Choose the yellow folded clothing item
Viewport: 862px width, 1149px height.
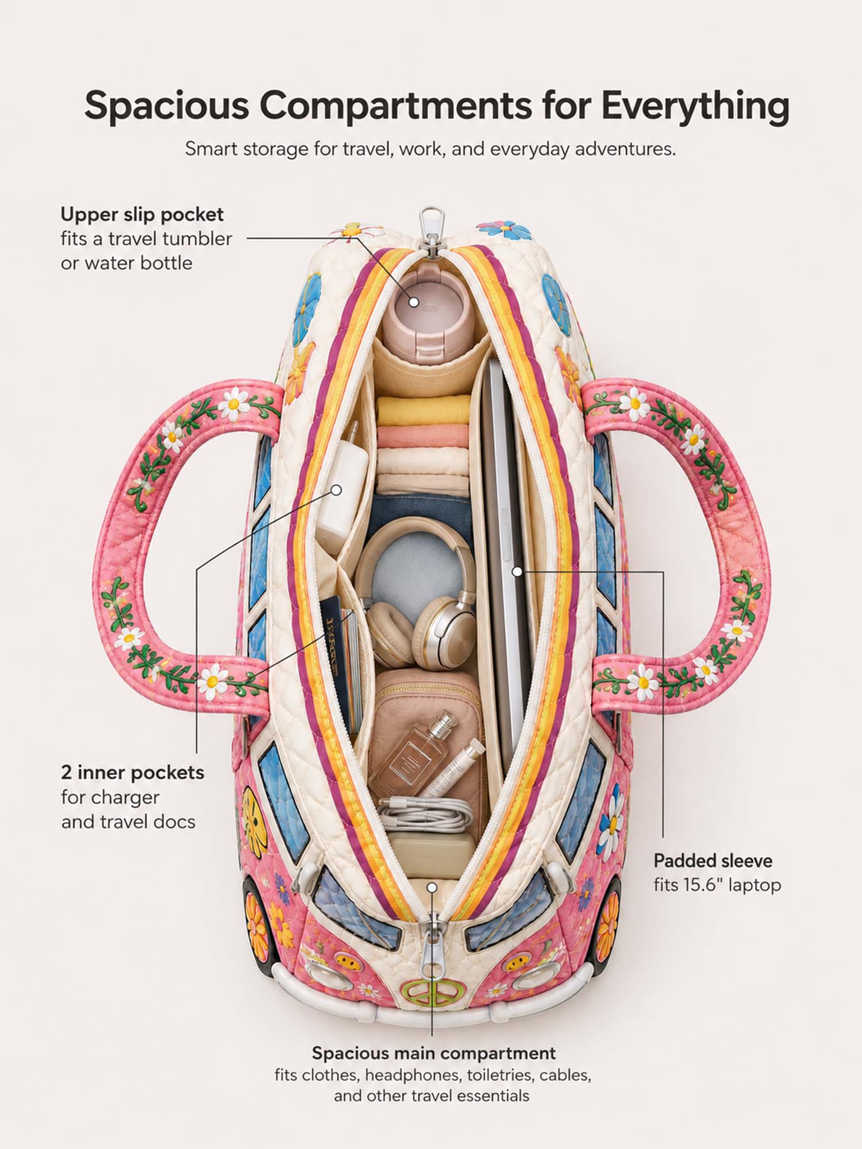click(x=423, y=410)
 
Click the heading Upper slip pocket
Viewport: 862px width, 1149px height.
click(x=142, y=214)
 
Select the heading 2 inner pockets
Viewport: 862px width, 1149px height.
click(x=133, y=772)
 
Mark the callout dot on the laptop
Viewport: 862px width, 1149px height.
click(x=517, y=572)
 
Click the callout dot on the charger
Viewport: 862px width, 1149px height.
click(x=337, y=490)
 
